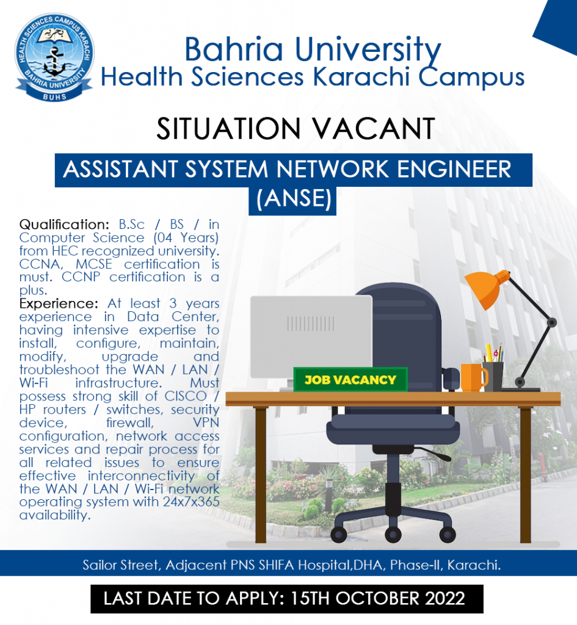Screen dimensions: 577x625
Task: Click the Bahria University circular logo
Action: pyautogui.click(x=54, y=57)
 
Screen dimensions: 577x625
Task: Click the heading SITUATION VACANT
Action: pyautogui.click(x=296, y=129)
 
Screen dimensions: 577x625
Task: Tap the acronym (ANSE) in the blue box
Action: pyautogui.click(x=294, y=198)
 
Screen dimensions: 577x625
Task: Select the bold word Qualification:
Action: pyautogui.click(x=64, y=225)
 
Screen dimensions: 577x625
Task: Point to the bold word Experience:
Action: pyautogui.click(x=59, y=303)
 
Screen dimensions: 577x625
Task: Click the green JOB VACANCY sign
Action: pyautogui.click(x=350, y=380)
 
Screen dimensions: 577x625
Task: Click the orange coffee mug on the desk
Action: pyautogui.click(x=474, y=377)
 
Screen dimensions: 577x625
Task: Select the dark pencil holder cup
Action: pyautogui.click(x=493, y=376)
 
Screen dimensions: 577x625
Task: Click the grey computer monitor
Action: pyautogui.click(x=311, y=337)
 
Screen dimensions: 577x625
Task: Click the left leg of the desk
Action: pyautogui.click(x=260, y=475)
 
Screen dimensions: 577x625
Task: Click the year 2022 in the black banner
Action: pyautogui.click(x=445, y=599)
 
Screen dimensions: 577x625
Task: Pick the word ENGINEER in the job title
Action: pyautogui.click(x=454, y=169)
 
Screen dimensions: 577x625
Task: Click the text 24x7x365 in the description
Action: pyautogui.click(x=191, y=502)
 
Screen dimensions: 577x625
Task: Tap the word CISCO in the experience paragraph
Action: pyautogui.click(x=186, y=396)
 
